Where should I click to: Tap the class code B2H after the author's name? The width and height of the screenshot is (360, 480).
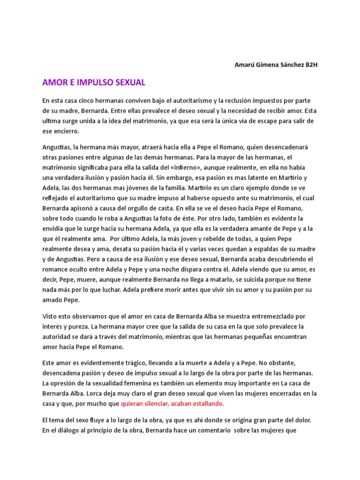coord(311,65)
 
